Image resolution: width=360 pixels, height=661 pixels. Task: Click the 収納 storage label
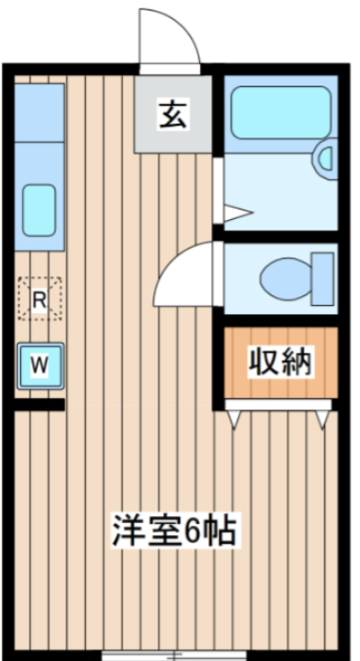click(281, 363)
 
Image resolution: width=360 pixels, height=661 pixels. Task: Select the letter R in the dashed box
click(39, 299)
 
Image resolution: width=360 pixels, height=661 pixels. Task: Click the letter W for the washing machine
click(39, 364)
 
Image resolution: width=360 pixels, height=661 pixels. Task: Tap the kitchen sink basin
click(39, 207)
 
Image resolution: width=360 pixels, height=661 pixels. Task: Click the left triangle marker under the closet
click(234, 417)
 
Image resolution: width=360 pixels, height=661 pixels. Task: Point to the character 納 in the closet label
click(296, 363)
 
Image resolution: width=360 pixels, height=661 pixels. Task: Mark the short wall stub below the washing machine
click(39, 406)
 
